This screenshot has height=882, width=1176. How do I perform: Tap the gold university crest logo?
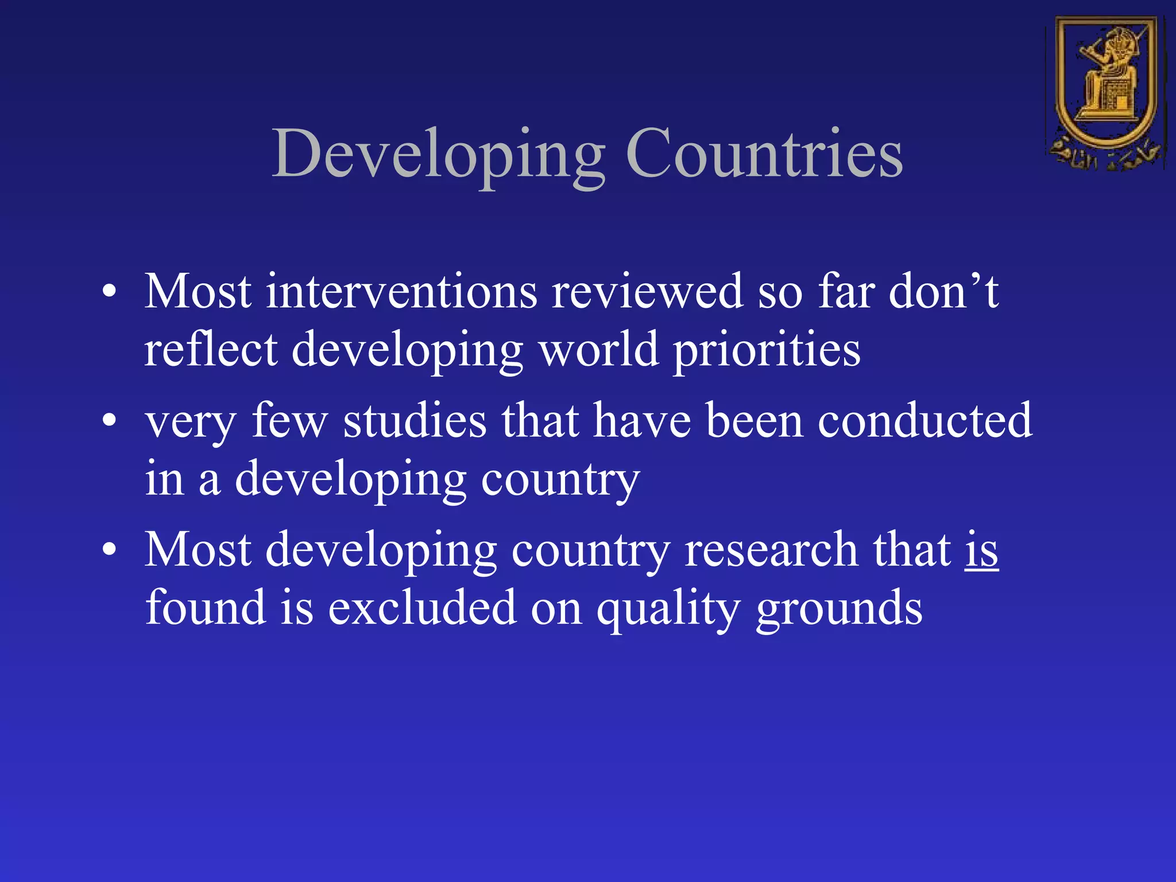pyautogui.click(x=1106, y=92)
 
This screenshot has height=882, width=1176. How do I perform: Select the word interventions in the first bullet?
pyautogui.click(x=401, y=292)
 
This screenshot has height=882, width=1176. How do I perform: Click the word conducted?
pyautogui.click(x=924, y=421)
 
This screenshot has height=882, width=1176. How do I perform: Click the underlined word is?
pyautogui.click(x=981, y=550)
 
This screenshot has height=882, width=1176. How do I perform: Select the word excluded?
pyautogui.click(x=421, y=608)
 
